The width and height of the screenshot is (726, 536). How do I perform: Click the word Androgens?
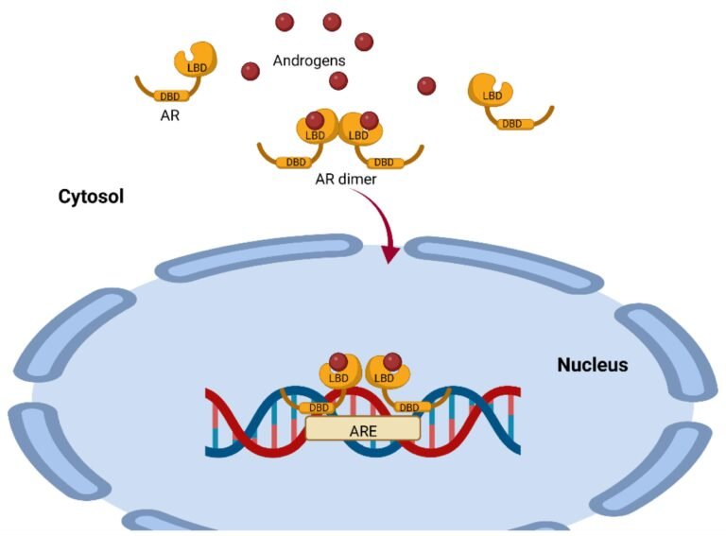[309, 61]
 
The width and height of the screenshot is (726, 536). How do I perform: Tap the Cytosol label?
[91, 197]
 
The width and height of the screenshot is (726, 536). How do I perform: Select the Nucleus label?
[593, 365]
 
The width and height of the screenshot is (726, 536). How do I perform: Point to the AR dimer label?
[346, 179]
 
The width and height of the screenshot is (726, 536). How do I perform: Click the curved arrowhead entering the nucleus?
[389, 253]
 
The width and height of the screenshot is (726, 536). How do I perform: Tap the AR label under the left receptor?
[170, 115]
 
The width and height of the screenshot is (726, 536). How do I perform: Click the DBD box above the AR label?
[170, 96]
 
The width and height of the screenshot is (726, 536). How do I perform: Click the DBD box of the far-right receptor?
[512, 124]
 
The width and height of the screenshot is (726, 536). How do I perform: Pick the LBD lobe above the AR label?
[196, 60]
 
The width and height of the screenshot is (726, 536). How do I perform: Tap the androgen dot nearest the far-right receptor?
[426, 86]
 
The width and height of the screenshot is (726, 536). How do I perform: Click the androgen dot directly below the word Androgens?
[338, 81]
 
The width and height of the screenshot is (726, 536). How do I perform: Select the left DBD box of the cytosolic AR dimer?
[295, 163]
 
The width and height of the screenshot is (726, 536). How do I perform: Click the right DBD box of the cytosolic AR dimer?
[384, 163]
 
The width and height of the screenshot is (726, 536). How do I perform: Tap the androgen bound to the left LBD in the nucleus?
[338, 361]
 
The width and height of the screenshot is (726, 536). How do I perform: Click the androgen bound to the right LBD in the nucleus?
[392, 361]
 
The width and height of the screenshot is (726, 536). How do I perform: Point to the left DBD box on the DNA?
[319, 407]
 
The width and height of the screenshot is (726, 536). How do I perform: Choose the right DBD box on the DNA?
[409, 407]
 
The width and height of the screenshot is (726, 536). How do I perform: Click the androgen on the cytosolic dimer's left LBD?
[315, 121]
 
